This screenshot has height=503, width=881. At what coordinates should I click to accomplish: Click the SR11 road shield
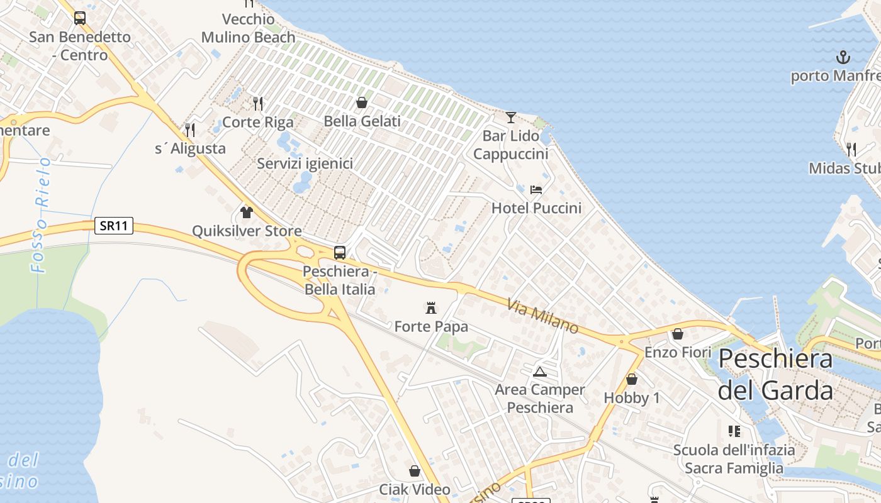pos(114,226)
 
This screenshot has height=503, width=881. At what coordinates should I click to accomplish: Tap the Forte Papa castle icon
pos(431,308)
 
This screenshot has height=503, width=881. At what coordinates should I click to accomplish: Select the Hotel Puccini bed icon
pos(536,189)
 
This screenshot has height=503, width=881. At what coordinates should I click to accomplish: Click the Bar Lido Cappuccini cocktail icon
pos(510,118)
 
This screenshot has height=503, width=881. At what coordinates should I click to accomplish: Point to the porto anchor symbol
pos(843,58)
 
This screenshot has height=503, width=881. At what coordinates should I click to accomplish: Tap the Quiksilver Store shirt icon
pos(247,213)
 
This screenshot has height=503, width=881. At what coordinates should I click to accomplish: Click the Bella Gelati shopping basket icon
pos(362,102)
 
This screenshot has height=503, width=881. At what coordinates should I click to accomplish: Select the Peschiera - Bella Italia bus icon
pos(340,253)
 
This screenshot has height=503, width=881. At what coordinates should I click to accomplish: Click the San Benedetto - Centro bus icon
pos(80,18)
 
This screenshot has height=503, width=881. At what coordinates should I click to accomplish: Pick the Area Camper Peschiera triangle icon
pos(539,372)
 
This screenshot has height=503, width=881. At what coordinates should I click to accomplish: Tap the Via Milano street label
pos(542,316)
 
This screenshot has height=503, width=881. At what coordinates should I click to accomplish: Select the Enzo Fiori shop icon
pos(678,334)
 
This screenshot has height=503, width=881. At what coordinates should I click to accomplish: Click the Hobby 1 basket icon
pos(632,380)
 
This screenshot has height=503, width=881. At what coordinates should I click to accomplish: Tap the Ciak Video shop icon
pos(415,471)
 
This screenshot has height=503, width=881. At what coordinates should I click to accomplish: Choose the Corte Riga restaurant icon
pos(258,103)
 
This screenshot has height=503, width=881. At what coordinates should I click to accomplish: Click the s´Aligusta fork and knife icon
pos(190,130)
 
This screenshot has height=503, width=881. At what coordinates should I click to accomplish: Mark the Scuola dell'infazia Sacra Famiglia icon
pos(734,431)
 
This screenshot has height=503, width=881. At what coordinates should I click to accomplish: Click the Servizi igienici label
pos(305,163)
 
